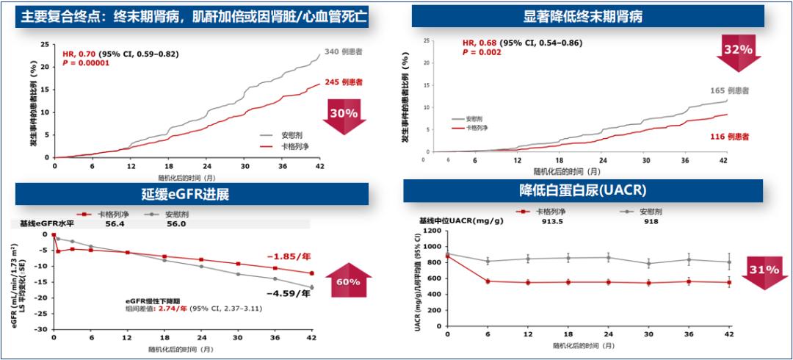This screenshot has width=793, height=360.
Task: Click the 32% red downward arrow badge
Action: [x=739, y=51]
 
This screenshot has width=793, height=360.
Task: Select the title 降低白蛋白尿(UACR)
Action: [x=583, y=190]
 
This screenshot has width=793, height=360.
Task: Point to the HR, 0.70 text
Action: [x=79, y=54]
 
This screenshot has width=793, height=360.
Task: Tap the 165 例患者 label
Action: [x=728, y=90]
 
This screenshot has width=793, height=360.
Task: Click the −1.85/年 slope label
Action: [x=287, y=256]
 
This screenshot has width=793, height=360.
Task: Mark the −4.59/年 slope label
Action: [x=286, y=295]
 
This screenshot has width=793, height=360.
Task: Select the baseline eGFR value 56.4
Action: [x=115, y=226]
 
